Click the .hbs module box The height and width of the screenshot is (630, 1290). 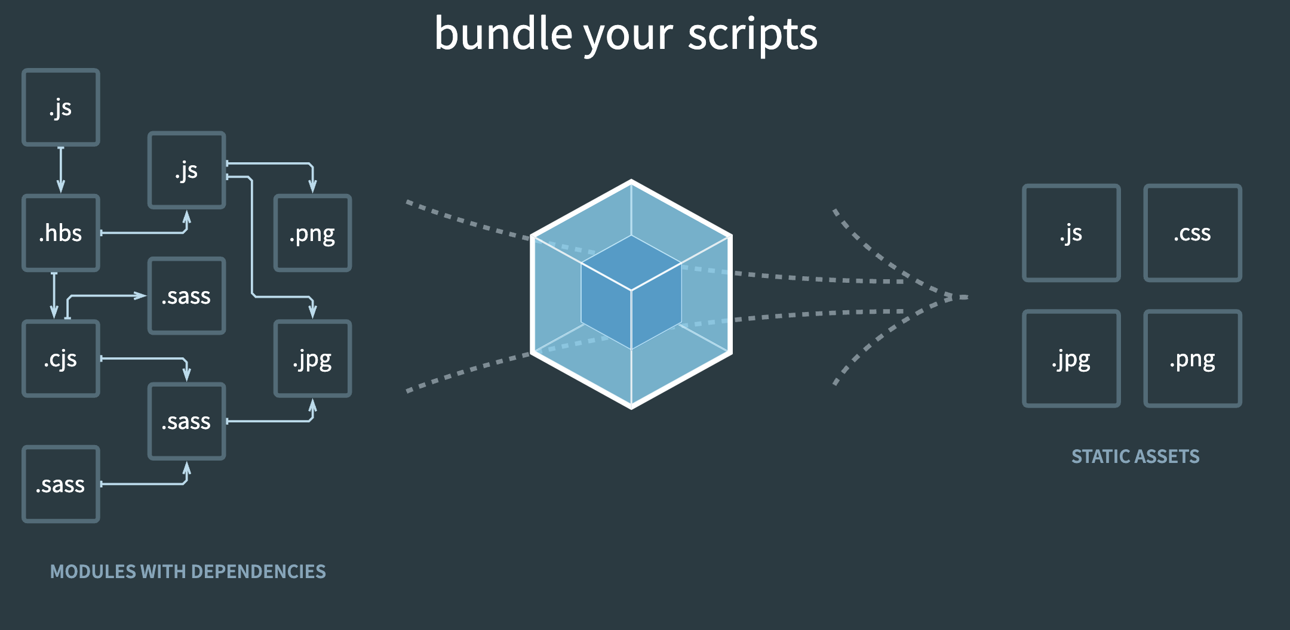(x=60, y=233)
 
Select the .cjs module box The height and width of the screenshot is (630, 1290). (x=60, y=359)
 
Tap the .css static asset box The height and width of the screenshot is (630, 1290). (x=1192, y=233)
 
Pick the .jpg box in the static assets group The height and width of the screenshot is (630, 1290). (x=1071, y=359)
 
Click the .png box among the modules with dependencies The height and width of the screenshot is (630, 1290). (x=312, y=233)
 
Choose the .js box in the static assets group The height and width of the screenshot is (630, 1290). (x=1071, y=233)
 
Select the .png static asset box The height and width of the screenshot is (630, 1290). (x=1192, y=359)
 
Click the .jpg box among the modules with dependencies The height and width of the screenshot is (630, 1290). (x=312, y=359)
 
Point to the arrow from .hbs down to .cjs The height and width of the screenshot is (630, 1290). (x=54, y=295)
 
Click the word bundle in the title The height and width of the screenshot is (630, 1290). (x=503, y=34)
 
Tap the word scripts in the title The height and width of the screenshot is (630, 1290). (x=752, y=34)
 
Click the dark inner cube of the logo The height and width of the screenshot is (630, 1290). (x=631, y=292)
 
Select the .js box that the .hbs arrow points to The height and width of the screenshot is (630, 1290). (x=186, y=171)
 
